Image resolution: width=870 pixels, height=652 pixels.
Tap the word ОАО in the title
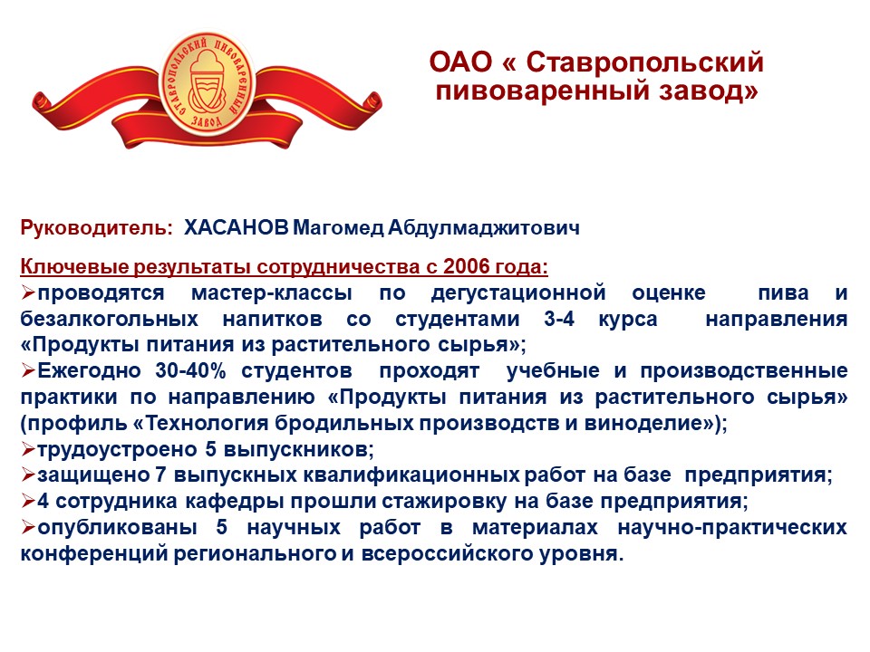(461, 62)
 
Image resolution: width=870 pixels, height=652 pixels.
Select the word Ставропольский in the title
(644, 63)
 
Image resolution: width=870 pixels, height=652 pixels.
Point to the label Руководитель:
(97, 228)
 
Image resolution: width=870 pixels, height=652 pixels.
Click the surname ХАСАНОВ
(237, 227)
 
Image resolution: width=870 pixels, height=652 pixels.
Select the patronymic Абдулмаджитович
(483, 228)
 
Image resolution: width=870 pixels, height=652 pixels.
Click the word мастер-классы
(271, 292)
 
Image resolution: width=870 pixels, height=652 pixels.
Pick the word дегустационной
(518, 293)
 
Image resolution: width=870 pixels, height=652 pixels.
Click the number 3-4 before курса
(559, 319)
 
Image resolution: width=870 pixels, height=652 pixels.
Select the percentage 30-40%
(191, 370)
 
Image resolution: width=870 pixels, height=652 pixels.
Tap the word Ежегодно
(90, 371)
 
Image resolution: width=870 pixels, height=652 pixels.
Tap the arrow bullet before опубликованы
(28, 527)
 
